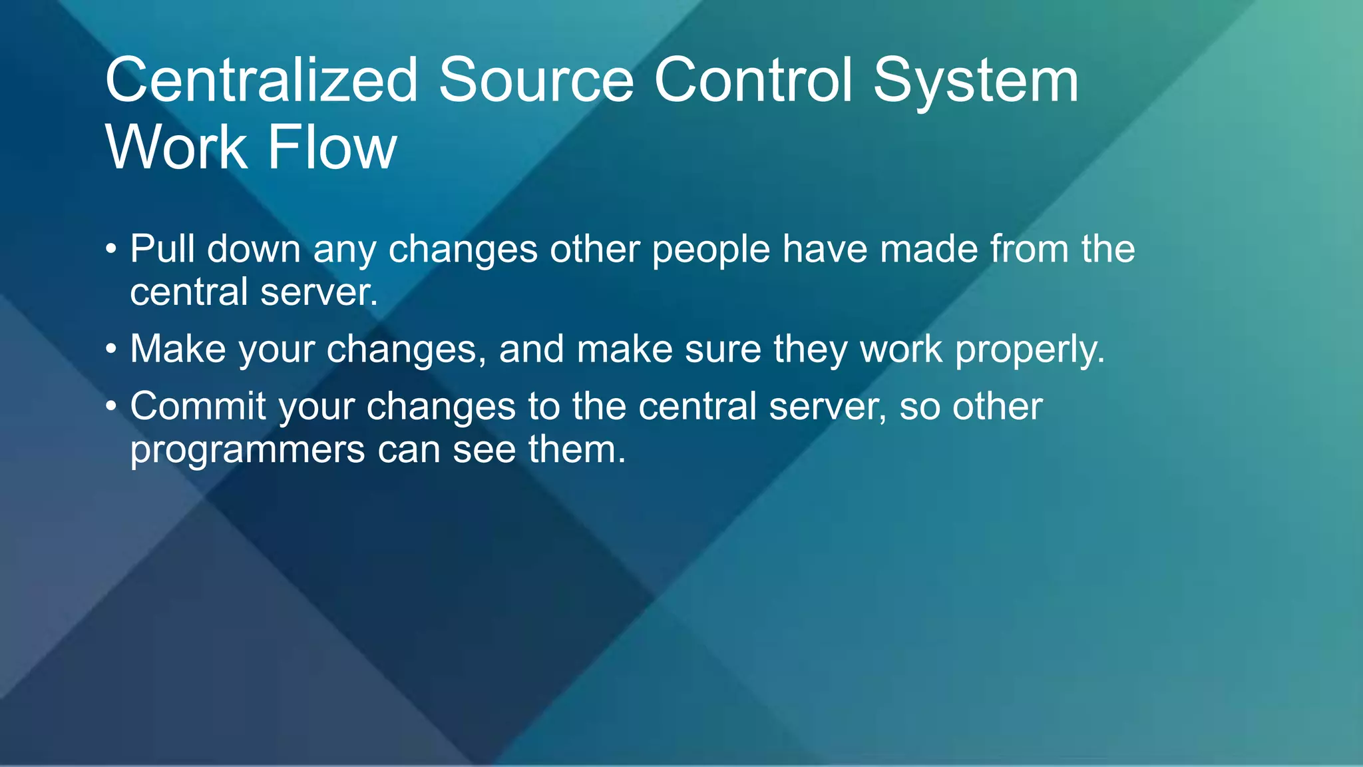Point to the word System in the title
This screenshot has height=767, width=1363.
point(976,81)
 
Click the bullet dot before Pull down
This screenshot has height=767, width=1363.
point(111,250)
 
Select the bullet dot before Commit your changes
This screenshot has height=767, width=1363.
point(111,407)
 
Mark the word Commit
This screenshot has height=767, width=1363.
point(198,406)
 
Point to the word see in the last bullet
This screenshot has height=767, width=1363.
point(485,450)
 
